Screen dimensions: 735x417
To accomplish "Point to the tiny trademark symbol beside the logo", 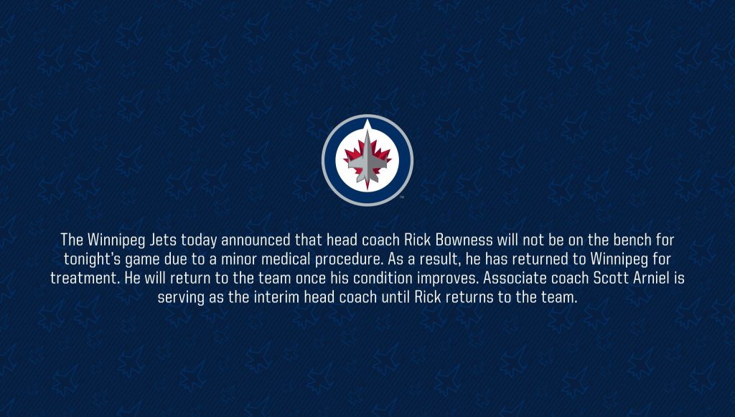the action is click(402, 197).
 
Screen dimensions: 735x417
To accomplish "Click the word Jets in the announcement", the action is click(163, 240).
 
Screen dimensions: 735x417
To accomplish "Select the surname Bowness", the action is click(464, 240).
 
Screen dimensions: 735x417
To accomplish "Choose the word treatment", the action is click(85, 278).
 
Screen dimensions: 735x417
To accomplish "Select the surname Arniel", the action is click(652, 278).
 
